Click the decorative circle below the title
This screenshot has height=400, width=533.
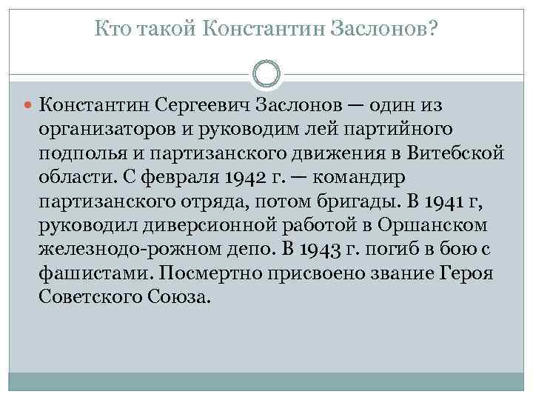click(266, 74)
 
